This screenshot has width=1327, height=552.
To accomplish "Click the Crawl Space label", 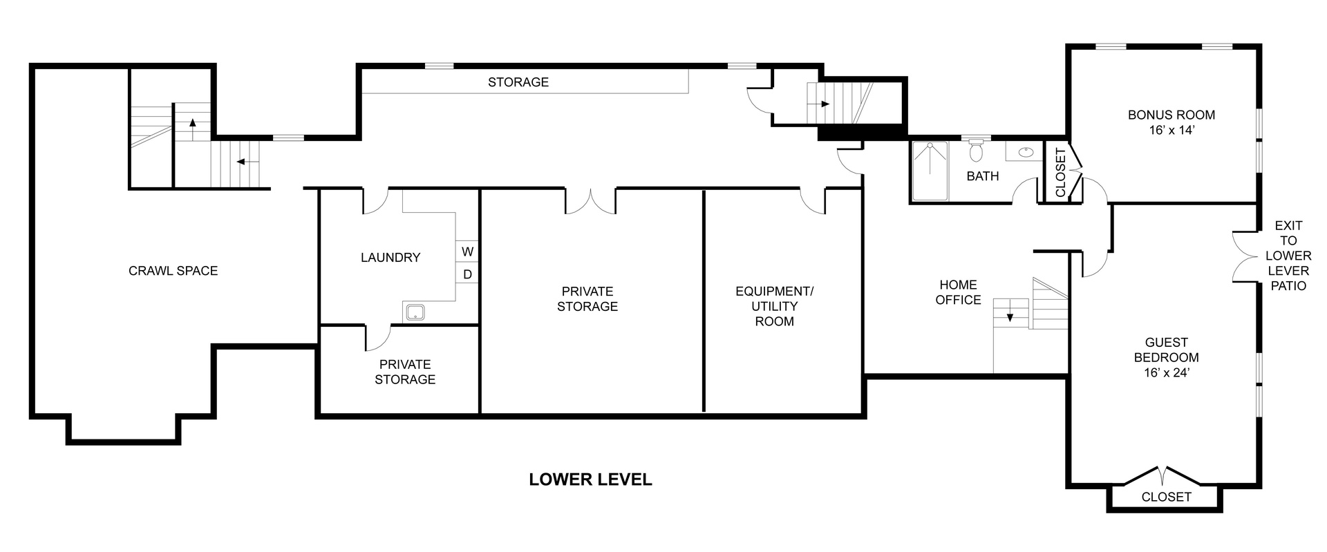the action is [173, 271].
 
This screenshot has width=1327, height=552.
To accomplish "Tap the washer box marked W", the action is [467, 251].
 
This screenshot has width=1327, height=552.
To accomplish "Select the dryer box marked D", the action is [467, 274].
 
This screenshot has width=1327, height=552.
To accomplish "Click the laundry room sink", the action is [415, 312].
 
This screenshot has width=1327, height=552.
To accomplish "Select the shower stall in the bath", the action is [930, 171].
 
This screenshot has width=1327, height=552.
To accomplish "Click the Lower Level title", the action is [590, 479].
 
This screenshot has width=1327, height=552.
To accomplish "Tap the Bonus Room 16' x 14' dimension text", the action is [1171, 131].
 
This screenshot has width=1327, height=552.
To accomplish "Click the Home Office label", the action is [958, 292].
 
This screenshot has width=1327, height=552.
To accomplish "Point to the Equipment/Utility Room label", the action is [774, 306].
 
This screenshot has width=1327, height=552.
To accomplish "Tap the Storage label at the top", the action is [518, 82].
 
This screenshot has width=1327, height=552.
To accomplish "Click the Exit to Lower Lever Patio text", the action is [1289, 256].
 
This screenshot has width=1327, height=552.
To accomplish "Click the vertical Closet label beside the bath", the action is [1061, 172].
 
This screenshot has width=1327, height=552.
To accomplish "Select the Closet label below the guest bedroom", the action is [1166, 516].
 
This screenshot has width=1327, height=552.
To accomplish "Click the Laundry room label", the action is [390, 258].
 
